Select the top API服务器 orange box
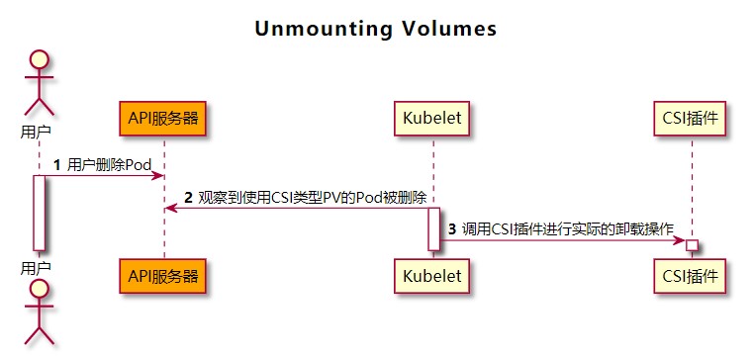(x=164, y=119)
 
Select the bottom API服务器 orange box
(x=164, y=276)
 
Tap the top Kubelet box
(x=432, y=119)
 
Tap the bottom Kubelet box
(x=432, y=276)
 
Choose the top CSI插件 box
(x=692, y=119)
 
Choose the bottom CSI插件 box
(x=692, y=276)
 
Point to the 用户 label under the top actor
(x=39, y=130)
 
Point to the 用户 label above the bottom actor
(x=39, y=267)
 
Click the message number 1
(x=56, y=165)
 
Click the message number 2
(x=188, y=197)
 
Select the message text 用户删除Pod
(x=109, y=165)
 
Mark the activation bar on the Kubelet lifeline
(x=432, y=228)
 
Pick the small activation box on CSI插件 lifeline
(x=692, y=244)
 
